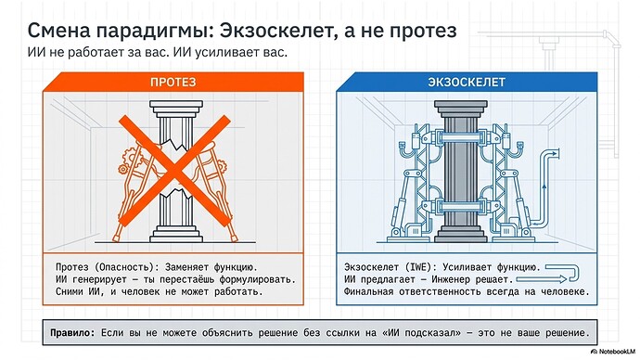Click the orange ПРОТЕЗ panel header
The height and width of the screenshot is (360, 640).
click(x=173, y=83)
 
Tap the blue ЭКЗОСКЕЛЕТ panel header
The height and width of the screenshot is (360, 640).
click(x=466, y=83)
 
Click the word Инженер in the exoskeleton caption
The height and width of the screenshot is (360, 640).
click(x=472, y=278)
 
